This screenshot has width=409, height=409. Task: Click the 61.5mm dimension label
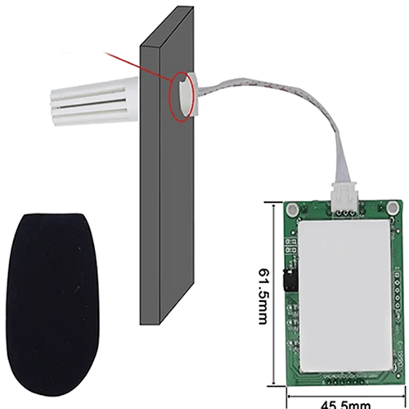pos(260,295)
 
